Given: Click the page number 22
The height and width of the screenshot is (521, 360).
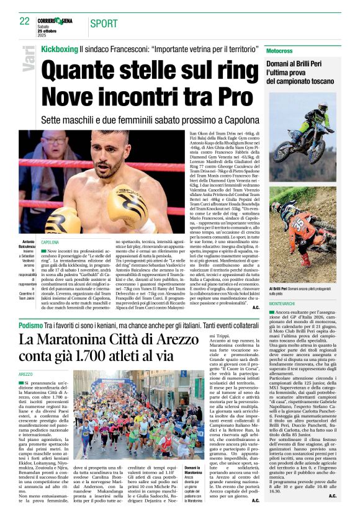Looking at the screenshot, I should pyautogui.click(x=25, y=21).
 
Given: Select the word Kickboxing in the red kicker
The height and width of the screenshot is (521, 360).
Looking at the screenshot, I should pyautogui.click(x=59, y=48).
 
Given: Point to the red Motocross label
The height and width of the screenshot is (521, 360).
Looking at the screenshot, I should pyautogui.click(x=280, y=49).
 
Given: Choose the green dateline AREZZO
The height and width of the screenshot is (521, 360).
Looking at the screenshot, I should pyautogui.click(x=26, y=375).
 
